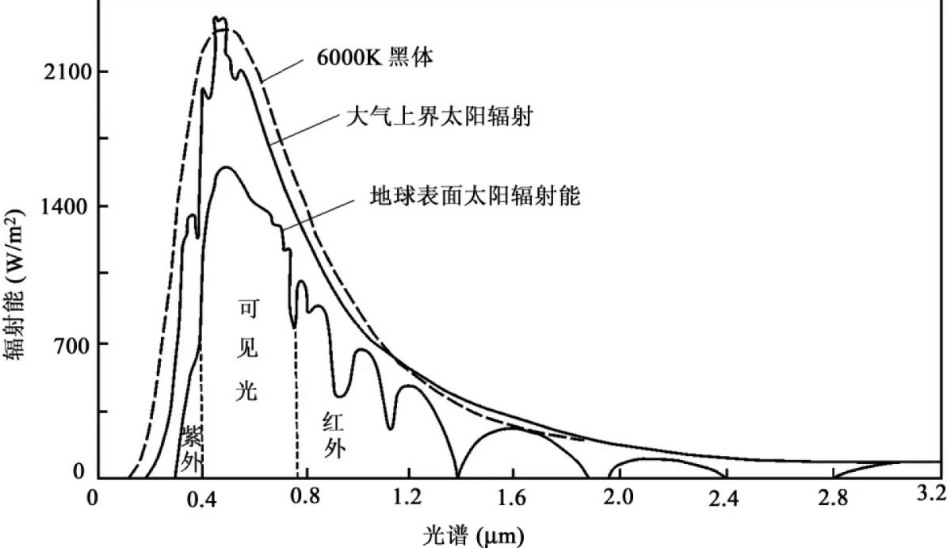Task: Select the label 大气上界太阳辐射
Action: pos(440,119)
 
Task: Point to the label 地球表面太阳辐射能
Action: pos(475,196)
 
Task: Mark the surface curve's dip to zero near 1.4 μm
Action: pos(457,477)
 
